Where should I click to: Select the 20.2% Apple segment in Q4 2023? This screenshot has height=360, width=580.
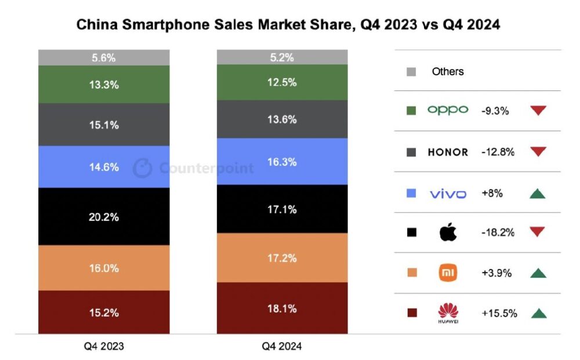click(104, 217)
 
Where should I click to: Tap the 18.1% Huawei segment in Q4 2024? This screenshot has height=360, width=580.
click(282, 308)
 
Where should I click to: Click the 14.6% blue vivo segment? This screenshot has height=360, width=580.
click(104, 167)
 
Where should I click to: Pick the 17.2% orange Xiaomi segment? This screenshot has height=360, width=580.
click(282, 257)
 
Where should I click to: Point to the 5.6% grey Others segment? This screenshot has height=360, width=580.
click(104, 57)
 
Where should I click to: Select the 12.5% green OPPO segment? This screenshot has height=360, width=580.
click(282, 82)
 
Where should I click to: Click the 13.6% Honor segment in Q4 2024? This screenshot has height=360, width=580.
click(282, 119)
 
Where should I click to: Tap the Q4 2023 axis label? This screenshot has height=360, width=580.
click(104, 347)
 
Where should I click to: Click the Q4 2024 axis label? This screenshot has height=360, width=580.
click(282, 347)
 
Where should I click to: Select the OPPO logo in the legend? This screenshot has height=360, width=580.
click(447, 110)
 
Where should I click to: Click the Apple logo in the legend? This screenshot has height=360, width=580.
click(448, 232)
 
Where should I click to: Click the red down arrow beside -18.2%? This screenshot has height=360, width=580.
click(538, 232)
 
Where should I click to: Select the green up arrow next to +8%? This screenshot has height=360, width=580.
click(538, 192)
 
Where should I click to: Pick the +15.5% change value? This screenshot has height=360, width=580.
click(499, 313)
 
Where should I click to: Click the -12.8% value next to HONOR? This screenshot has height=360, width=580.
click(498, 152)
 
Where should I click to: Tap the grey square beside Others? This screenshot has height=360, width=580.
click(412, 72)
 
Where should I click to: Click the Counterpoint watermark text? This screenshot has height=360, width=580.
click(206, 169)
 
